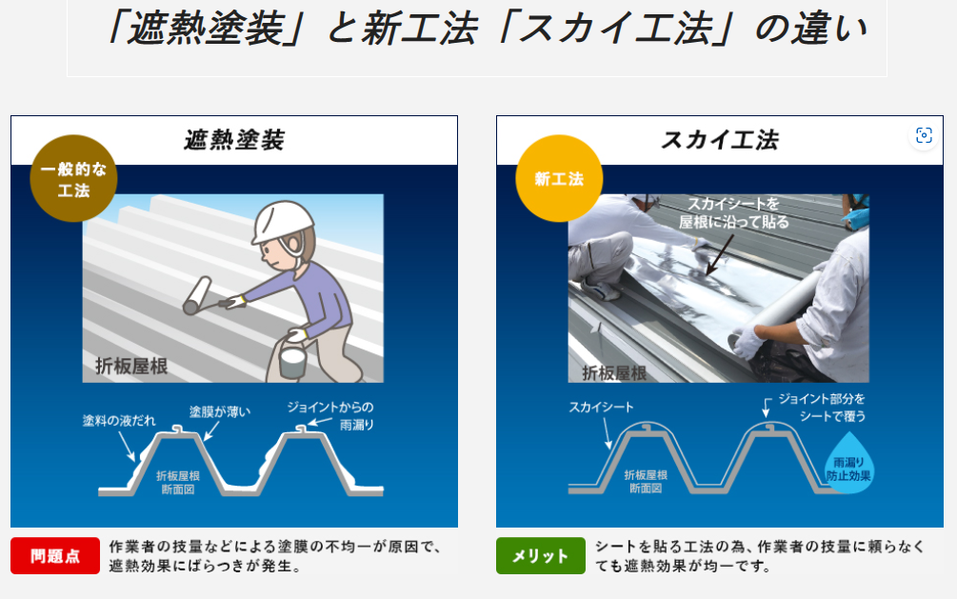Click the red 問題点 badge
(55, 556)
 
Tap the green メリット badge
(540, 556)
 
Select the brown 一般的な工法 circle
(73, 178)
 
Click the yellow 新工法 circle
(559, 178)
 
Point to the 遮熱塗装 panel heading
(234, 141)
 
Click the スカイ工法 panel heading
(719, 141)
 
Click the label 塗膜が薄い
(220, 411)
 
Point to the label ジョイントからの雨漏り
(330, 415)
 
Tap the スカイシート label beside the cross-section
(601, 408)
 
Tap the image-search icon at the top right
(922, 135)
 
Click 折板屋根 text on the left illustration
(131, 365)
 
